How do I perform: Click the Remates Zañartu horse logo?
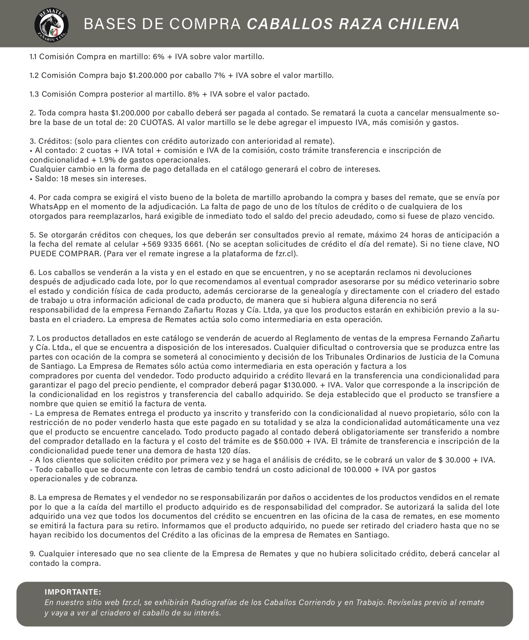coord(52,24)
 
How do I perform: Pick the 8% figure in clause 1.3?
coord(193,94)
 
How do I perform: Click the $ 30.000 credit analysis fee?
coord(454,460)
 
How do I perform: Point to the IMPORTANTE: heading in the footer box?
coord(73,592)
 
